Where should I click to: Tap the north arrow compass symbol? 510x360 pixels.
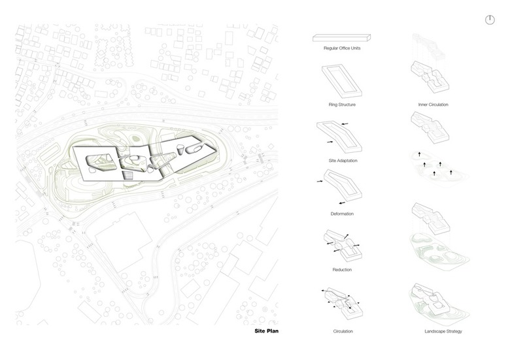[x=491, y=20]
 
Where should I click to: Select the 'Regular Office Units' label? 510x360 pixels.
[x=342, y=48]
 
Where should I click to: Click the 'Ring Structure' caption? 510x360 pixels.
[x=342, y=105]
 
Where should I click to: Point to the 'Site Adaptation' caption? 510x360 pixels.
[x=342, y=160]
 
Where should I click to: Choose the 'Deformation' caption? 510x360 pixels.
[x=342, y=214]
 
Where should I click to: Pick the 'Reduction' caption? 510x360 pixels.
[x=342, y=269]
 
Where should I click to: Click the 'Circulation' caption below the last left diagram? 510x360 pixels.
[x=342, y=332]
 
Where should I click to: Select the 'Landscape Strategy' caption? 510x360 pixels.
[x=443, y=332]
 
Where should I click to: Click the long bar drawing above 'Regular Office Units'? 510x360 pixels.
[x=342, y=37]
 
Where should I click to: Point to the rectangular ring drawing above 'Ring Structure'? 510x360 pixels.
[x=342, y=82]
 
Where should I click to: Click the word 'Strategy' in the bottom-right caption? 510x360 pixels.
[x=452, y=332]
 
